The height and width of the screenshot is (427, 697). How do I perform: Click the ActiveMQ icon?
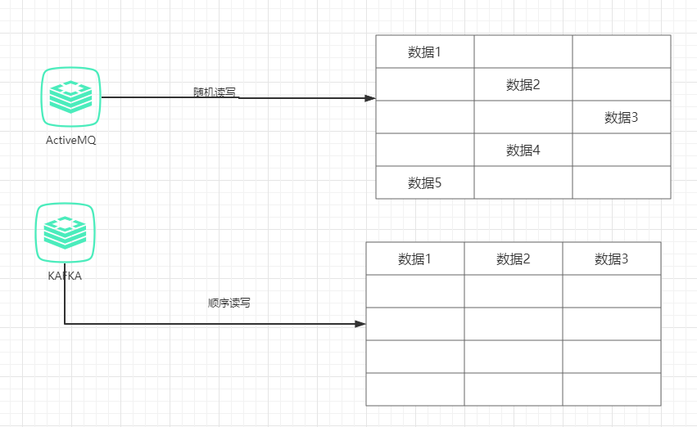coord(70,97)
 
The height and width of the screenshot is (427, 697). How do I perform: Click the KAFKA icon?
coord(65,232)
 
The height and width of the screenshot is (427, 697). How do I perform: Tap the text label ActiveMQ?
coord(70,140)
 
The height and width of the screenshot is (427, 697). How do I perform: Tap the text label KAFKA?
coord(65,276)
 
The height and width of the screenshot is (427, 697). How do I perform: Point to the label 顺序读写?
coord(229,303)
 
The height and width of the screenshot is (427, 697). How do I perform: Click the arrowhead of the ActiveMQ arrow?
coord(369,97)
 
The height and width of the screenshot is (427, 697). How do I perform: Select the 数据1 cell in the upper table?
coord(424,52)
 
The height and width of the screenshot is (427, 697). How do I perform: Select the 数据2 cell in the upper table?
coord(523,84)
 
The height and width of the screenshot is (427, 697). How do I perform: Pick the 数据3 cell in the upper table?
coord(621,117)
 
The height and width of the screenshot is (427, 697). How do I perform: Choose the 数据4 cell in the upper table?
coord(523,150)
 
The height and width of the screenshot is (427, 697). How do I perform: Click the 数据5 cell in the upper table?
coord(424,182)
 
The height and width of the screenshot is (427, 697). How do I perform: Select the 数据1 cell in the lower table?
coord(414,259)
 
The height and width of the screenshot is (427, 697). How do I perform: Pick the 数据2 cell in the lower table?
coord(513,259)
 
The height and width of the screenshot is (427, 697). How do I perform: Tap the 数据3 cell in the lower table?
coord(611,259)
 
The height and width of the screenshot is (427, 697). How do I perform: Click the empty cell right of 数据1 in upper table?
coord(523,52)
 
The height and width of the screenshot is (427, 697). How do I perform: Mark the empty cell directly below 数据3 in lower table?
coord(611,291)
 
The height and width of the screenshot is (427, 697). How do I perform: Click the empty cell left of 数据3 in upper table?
coord(523,117)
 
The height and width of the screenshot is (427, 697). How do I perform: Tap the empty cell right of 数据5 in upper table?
coord(523,182)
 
